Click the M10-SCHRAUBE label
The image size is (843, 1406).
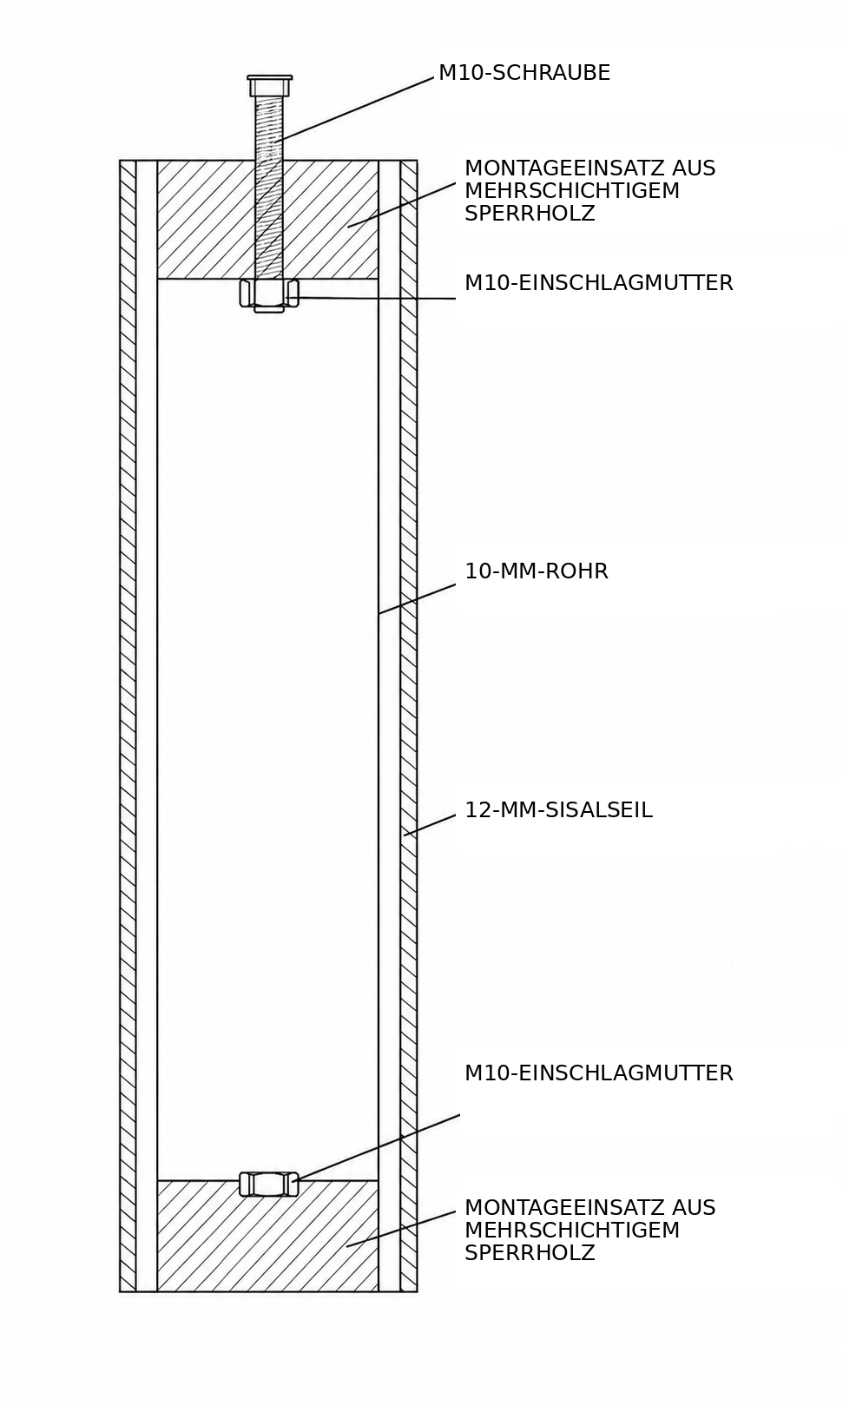point(524,73)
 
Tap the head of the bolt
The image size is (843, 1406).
point(269,85)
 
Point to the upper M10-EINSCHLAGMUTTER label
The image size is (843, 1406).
point(599,283)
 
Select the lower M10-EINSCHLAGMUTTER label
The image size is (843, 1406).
point(599,1073)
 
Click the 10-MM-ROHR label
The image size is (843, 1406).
point(537,571)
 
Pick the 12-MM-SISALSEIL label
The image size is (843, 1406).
point(558,809)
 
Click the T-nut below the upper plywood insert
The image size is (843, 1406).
point(269,295)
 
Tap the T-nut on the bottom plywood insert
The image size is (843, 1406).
point(269,1184)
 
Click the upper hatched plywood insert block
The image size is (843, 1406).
point(268,220)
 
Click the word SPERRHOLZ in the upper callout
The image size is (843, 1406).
point(530,214)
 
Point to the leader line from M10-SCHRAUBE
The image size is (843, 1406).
point(357,109)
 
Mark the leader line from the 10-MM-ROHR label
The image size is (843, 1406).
point(418,599)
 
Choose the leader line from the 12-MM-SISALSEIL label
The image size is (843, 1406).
point(430,825)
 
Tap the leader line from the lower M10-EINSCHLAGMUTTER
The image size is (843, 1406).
point(378,1149)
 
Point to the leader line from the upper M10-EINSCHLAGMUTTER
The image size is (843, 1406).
point(372,298)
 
